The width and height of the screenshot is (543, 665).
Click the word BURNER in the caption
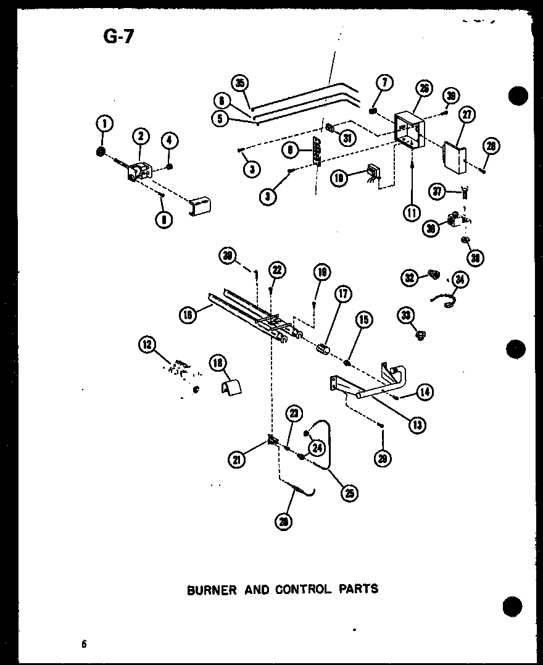[x=212, y=589]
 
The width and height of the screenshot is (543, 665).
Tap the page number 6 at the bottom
[x=83, y=644]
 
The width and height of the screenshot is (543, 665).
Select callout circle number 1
[x=104, y=124]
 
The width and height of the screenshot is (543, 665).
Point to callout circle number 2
[x=141, y=136]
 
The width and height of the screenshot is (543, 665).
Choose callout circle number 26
[x=423, y=89]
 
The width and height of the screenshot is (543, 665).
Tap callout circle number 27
[x=466, y=115]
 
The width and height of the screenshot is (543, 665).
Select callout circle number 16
[x=188, y=314]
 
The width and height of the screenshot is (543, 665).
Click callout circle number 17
[x=343, y=295]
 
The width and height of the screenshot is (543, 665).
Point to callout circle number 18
[x=218, y=362]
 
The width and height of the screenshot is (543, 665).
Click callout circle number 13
[x=418, y=424]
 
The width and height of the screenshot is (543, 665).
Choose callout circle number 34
[x=460, y=280]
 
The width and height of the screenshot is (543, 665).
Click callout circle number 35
[x=241, y=83]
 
